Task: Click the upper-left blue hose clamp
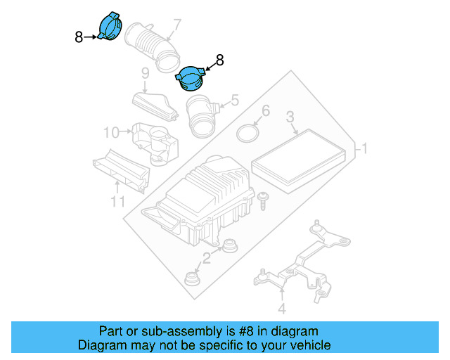(x=110, y=27)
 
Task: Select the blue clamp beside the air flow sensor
(x=191, y=78)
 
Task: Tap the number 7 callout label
(x=176, y=25)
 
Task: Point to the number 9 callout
(x=146, y=74)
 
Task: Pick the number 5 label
(x=235, y=100)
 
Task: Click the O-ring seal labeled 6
(x=248, y=133)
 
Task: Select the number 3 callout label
(x=290, y=117)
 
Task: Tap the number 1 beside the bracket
(x=364, y=148)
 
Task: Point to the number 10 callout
(x=111, y=132)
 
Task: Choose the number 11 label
(x=118, y=202)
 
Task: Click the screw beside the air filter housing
(x=263, y=200)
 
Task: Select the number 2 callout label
(x=207, y=257)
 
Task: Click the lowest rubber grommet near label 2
(x=192, y=278)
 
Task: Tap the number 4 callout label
(x=282, y=309)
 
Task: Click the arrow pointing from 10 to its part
(x=125, y=131)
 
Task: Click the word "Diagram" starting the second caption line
(x=102, y=345)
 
